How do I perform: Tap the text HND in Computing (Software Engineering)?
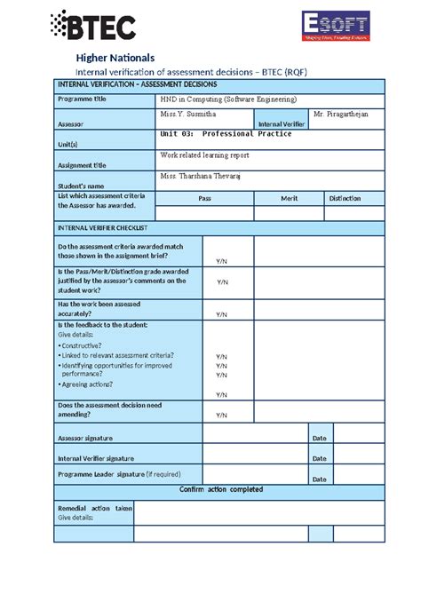[x=228, y=99]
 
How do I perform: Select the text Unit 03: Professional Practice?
[x=225, y=134]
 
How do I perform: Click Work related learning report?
[x=204, y=154]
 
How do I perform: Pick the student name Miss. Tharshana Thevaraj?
[x=200, y=176]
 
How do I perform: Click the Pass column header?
[x=204, y=199]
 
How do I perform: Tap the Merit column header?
[x=289, y=199]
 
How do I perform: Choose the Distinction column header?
[x=345, y=199]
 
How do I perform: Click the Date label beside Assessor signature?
[x=320, y=438]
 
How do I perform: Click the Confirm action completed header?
[x=220, y=489]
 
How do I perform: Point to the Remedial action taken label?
[x=95, y=508]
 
